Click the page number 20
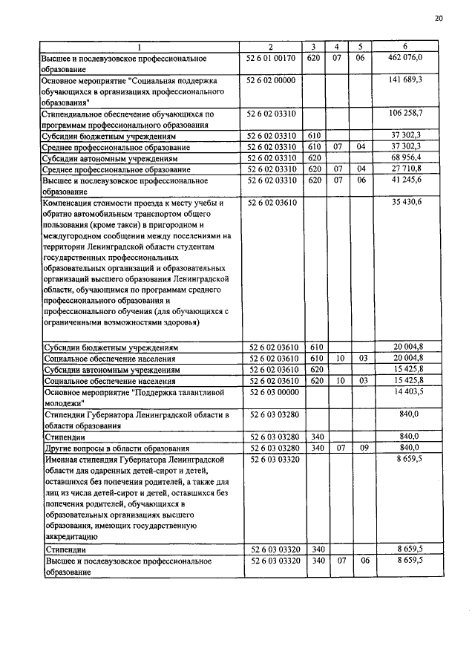tap(439, 19)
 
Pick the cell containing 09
tap(361, 448)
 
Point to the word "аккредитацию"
tap(71, 535)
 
